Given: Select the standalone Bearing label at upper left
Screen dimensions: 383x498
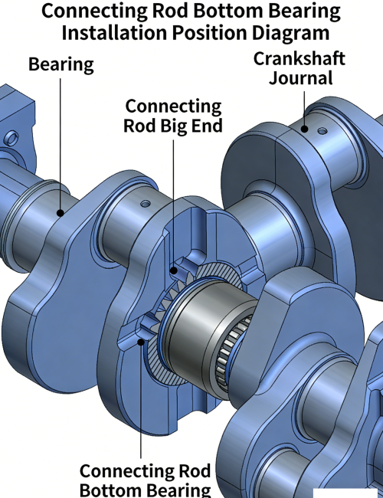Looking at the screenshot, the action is click(x=61, y=65).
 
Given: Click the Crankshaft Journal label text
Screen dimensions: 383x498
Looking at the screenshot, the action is click(x=300, y=68).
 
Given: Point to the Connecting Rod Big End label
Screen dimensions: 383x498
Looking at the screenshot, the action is click(x=173, y=116).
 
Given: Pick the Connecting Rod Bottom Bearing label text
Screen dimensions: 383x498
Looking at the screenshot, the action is click(x=145, y=480).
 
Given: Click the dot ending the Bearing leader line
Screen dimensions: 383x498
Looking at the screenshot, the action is click(x=61, y=213).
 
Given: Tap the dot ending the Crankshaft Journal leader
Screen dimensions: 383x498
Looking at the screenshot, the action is click(x=304, y=129).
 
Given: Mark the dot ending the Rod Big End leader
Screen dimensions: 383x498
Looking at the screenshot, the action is click(x=174, y=270).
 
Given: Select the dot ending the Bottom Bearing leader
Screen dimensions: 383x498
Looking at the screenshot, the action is click(x=141, y=342).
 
